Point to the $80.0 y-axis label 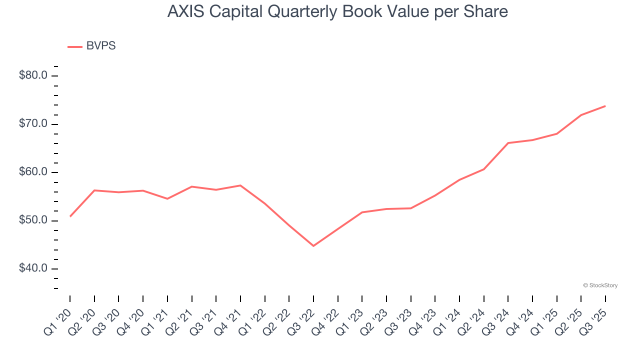[x=33, y=76]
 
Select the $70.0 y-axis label [x=33, y=124]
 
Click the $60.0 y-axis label [x=33, y=172]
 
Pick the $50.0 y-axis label [x=33, y=220]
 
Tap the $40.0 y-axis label [x=33, y=268]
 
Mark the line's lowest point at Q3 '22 [x=313, y=246]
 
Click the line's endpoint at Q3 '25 [x=605, y=106]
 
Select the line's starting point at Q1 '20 [x=70, y=216]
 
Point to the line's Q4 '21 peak [x=240, y=185]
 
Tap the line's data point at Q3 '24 [x=508, y=143]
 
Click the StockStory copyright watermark [x=600, y=285]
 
